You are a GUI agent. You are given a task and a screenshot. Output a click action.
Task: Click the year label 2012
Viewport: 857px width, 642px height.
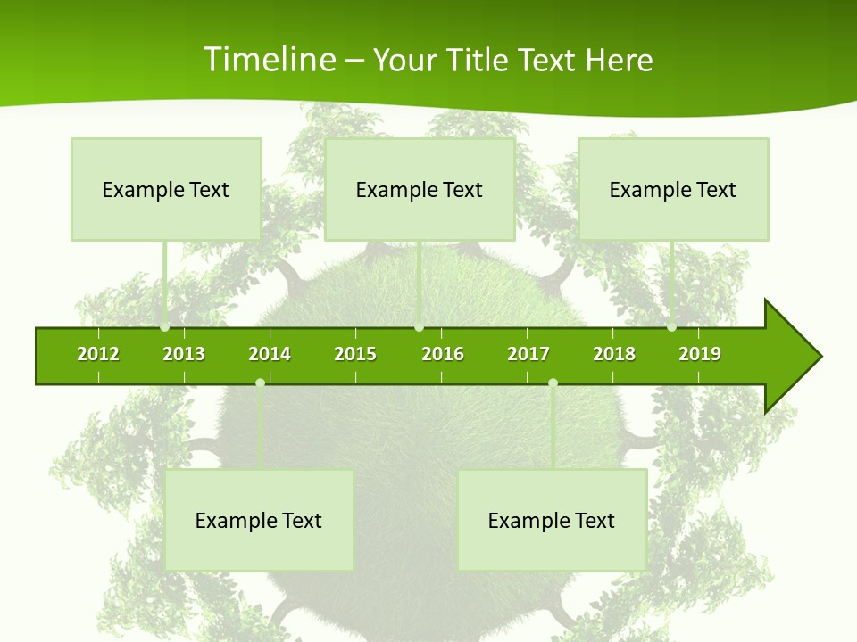[x=98, y=354]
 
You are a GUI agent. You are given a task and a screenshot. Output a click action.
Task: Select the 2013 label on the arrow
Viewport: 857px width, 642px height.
[x=184, y=354]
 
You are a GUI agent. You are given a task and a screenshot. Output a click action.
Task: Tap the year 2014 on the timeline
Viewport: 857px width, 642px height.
[x=270, y=354]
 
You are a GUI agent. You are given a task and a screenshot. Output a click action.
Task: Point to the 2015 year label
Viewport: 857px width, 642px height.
[x=355, y=354]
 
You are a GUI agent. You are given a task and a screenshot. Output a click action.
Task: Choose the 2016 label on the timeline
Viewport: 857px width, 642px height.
[x=443, y=354]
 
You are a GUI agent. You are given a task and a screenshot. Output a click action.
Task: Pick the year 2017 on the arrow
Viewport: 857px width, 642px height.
[x=528, y=354]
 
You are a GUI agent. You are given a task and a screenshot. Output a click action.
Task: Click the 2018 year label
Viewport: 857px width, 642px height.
[x=614, y=354]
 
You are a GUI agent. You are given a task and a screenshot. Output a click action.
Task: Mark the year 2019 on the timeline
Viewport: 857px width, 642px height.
[x=700, y=354]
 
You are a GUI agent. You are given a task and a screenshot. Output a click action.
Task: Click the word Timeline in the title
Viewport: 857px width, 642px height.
[x=269, y=60]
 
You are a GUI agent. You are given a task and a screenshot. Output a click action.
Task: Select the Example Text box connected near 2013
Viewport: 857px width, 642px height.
[x=166, y=189]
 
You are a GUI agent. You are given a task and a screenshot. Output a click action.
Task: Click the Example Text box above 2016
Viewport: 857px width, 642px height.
[x=420, y=189]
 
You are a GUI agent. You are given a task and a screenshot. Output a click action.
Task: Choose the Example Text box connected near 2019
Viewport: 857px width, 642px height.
[x=673, y=189]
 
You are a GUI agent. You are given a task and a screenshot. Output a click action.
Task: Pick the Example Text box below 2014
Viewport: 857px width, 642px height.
[x=259, y=520]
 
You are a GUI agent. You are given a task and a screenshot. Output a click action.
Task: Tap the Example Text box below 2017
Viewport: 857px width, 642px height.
[x=552, y=520]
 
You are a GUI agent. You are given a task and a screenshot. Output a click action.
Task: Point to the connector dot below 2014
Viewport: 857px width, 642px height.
[x=260, y=383]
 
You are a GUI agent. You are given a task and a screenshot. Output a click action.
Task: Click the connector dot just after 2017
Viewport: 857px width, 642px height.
[x=553, y=383]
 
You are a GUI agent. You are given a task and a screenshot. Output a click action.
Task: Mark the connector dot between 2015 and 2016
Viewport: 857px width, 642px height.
[x=419, y=327]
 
